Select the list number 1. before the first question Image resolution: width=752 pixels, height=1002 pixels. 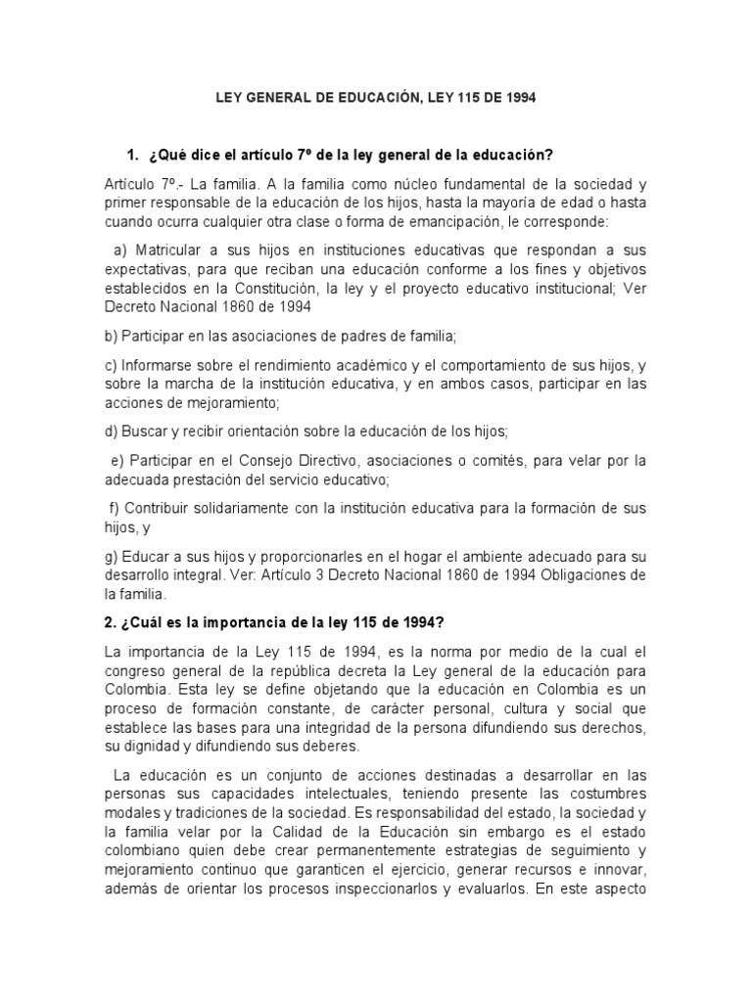point(134,156)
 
